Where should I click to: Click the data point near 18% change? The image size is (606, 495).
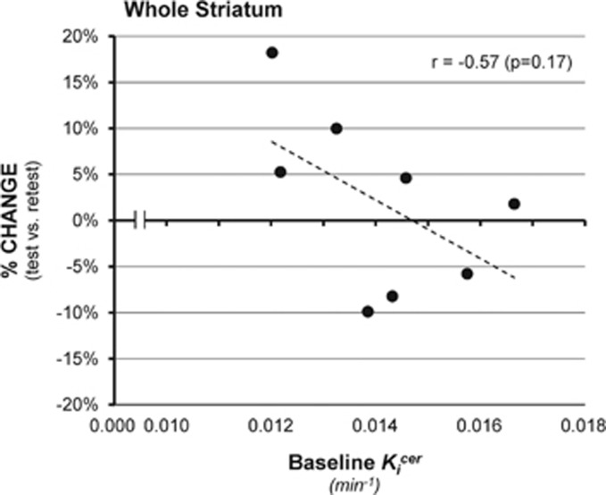(x=272, y=53)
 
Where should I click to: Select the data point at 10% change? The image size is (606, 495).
(x=336, y=129)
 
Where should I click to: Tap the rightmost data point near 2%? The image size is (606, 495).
(x=514, y=204)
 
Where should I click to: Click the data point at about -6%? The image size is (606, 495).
(x=467, y=273)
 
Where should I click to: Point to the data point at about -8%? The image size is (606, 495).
(x=392, y=296)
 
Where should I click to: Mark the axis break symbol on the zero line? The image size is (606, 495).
(x=139, y=220)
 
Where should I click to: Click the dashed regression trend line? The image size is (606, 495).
(x=393, y=209)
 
